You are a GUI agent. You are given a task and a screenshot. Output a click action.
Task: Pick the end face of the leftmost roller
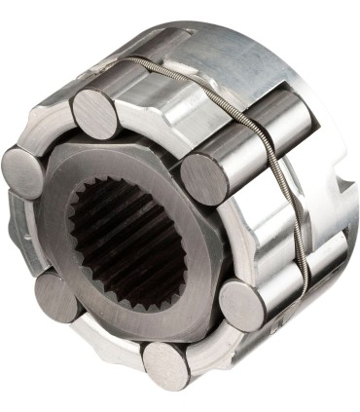coord(22,171)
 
